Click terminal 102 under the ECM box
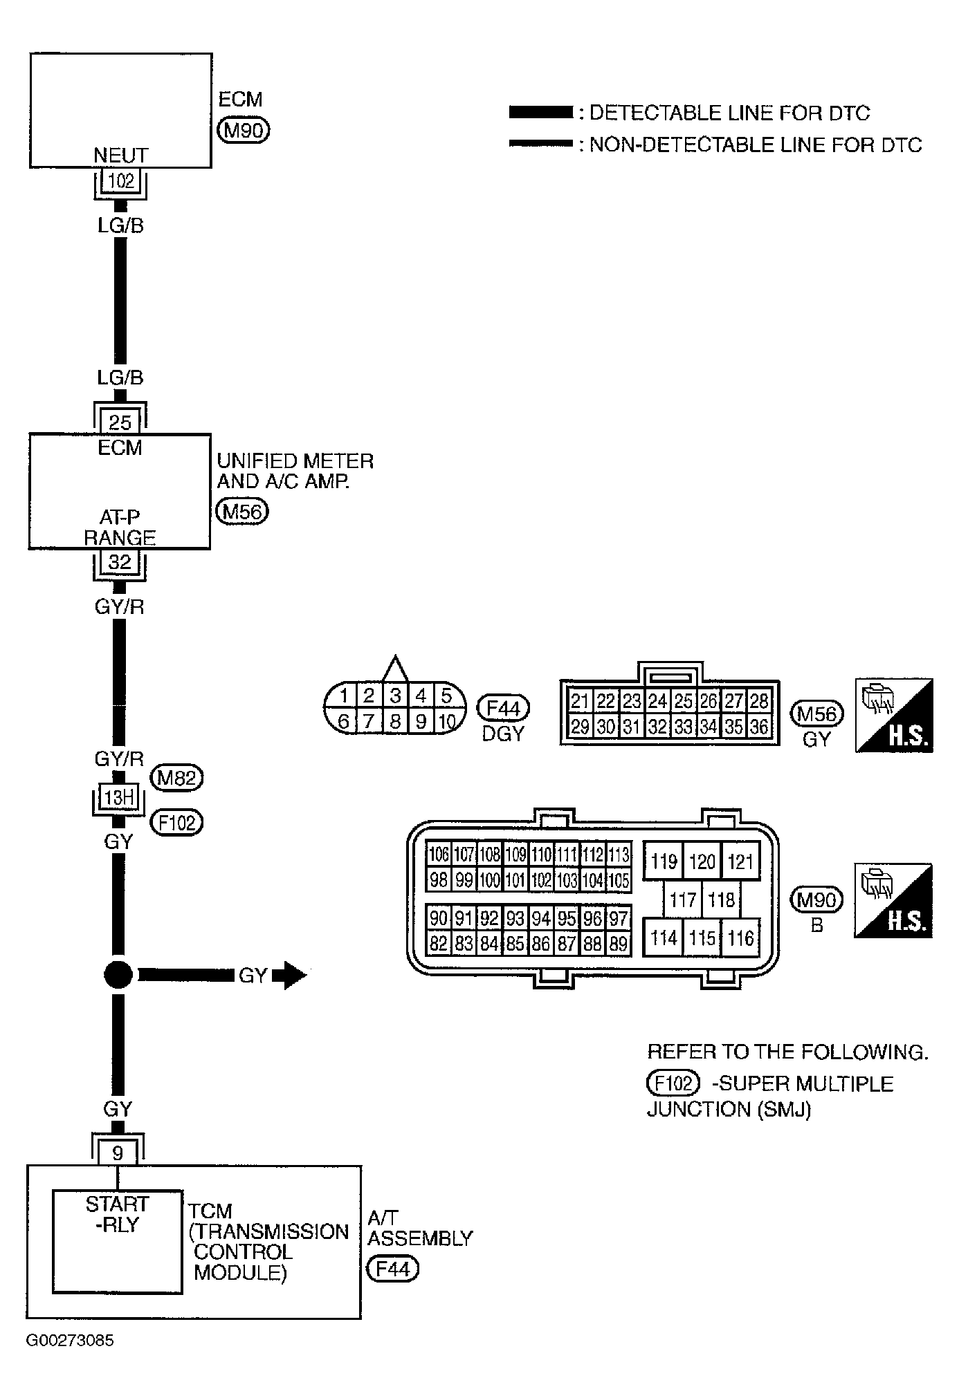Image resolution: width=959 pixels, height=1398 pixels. [x=121, y=181]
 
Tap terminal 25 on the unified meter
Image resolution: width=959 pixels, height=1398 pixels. [x=120, y=422]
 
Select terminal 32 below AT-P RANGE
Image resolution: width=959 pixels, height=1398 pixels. [x=120, y=562]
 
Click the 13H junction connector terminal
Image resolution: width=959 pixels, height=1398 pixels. [x=118, y=798]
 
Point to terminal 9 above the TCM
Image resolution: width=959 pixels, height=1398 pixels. [x=118, y=1153]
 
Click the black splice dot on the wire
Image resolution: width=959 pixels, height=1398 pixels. [x=118, y=975]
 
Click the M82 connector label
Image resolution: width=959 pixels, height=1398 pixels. [x=178, y=779]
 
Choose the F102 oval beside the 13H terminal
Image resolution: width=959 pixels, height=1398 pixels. [x=177, y=823]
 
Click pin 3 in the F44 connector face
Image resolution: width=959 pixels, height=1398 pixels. [x=395, y=696]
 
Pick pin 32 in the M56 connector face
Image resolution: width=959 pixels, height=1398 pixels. [x=657, y=727]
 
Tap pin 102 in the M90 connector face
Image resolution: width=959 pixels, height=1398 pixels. [x=541, y=880]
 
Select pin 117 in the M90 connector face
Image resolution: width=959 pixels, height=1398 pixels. [x=682, y=900]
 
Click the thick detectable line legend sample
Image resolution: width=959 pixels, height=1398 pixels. [x=540, y=112]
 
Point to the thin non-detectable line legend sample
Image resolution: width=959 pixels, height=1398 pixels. [x=540, y=144]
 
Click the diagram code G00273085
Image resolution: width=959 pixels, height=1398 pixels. [x=70, y=1341]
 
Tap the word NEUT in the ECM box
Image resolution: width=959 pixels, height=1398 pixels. [x=121, y=156]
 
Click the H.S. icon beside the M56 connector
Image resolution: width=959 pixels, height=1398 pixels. [x=894, y=715]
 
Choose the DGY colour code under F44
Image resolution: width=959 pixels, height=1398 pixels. [x=503, y=734]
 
